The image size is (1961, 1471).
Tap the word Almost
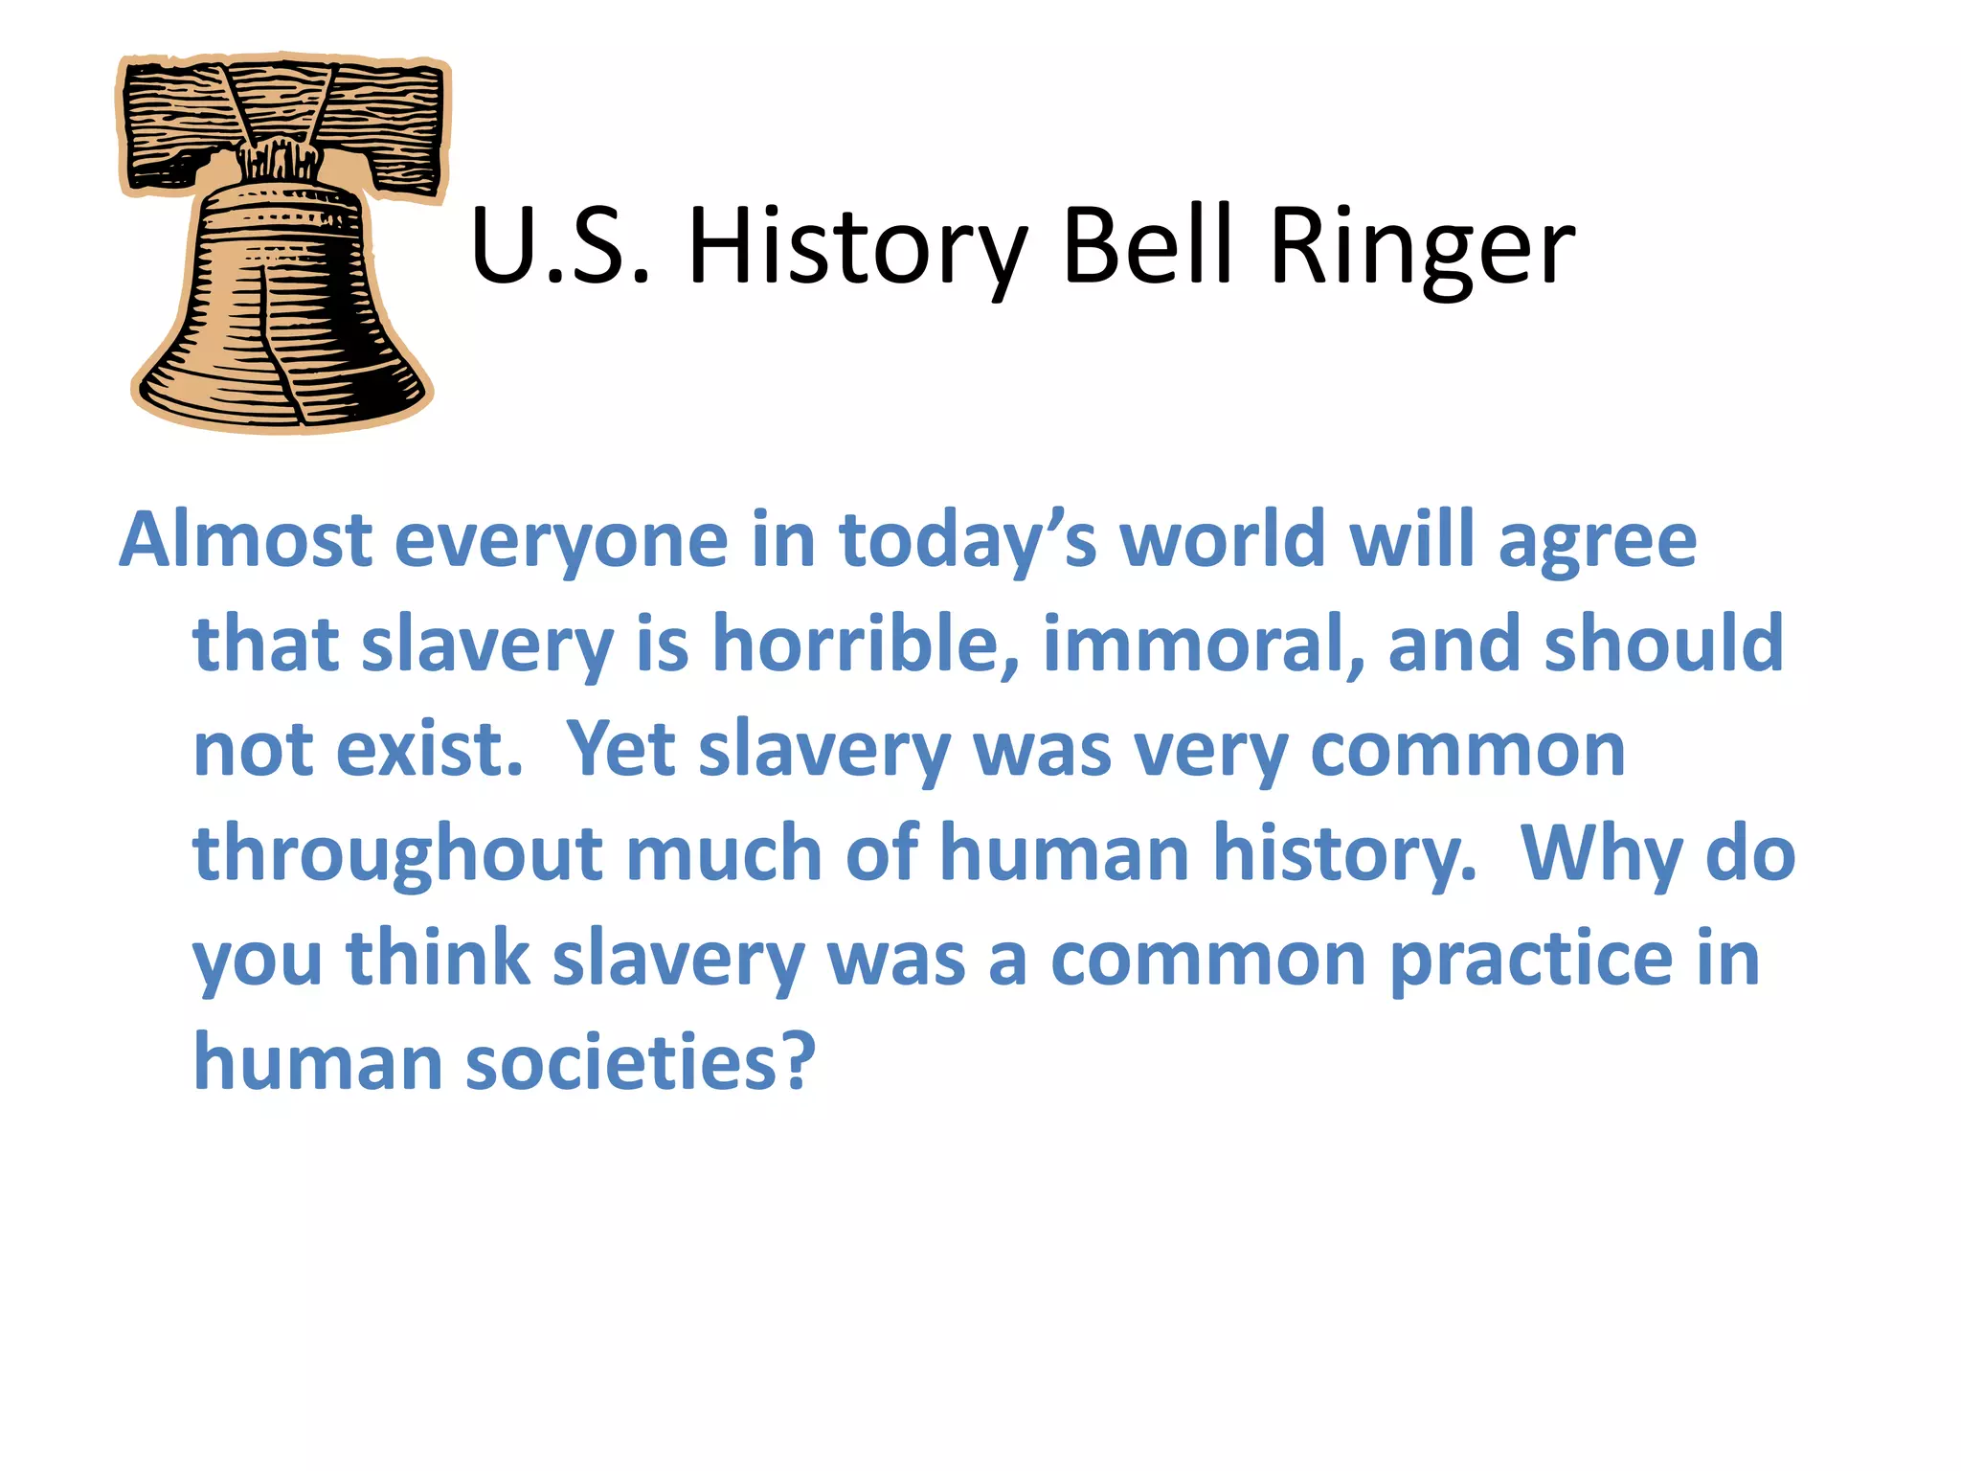click(x=245, y=539)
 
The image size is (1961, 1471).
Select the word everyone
click(x=561, y=542)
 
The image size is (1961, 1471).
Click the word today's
click(x=967, y=542)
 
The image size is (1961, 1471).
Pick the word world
click(x=1223, y=539)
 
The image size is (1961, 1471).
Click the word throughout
click(x=396, y=854)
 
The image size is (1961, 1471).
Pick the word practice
click(x=1530, y=960)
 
